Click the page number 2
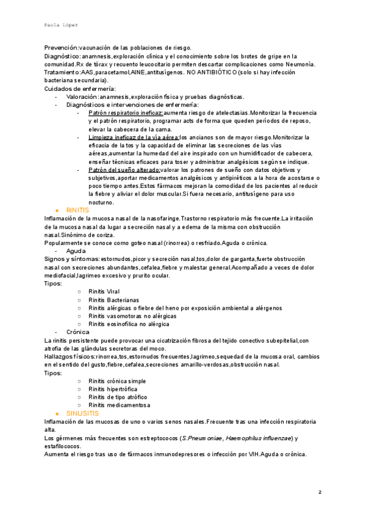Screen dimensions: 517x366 pos(319,491)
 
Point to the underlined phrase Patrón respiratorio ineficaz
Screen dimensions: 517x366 pos(125,113)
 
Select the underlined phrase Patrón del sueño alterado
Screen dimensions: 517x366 pos(125,170)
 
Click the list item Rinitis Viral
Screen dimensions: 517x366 pos(104,292)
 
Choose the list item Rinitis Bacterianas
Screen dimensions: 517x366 pos(113,300)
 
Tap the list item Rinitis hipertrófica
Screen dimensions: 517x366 pos(113,389)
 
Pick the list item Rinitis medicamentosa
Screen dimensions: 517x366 pos(119,405)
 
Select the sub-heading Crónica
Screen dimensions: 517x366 pos(79,332)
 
